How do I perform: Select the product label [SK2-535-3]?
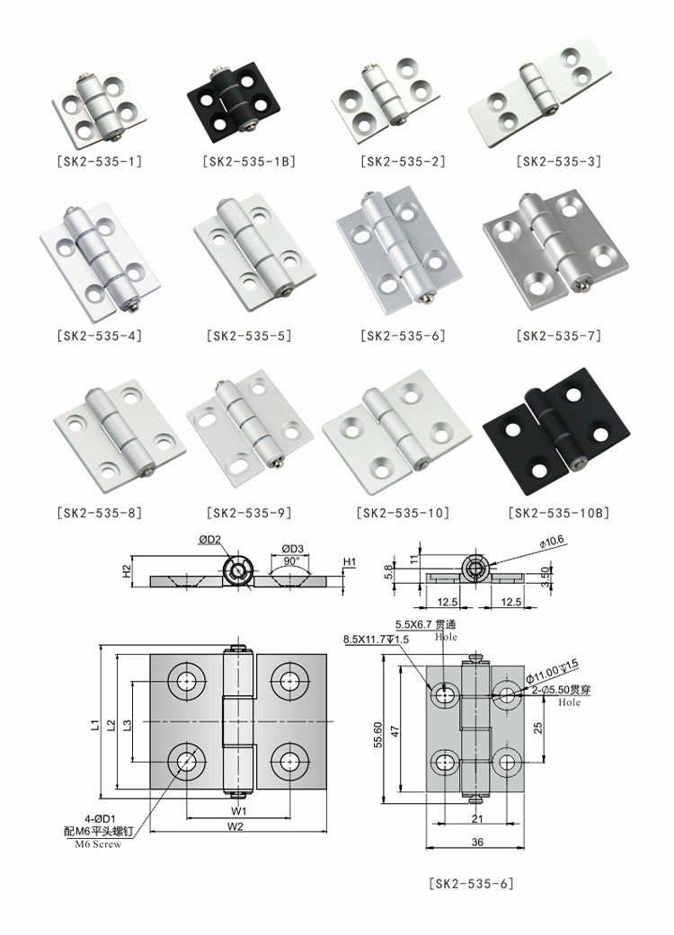(559, 162)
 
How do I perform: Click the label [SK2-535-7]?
(559, 337)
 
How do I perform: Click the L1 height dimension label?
(93, 720)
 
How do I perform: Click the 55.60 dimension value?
(379, 735)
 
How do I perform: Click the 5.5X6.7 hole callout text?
(428, 624)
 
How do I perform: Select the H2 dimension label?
(127, 569)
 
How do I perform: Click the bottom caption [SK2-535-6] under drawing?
(470, 884)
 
